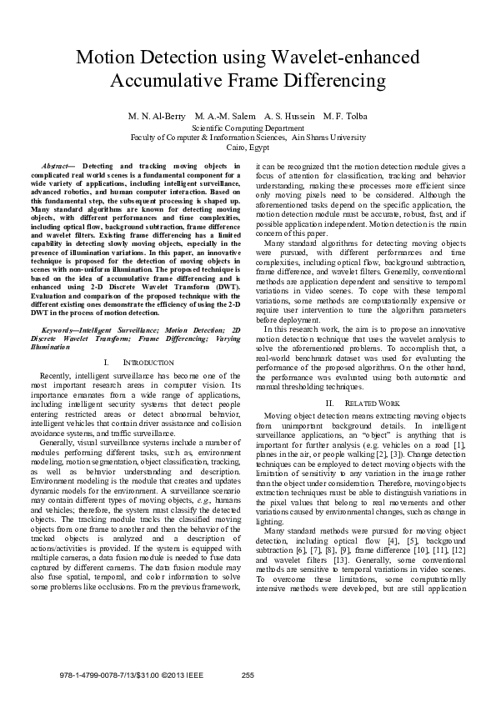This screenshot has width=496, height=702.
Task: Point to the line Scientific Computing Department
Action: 248,128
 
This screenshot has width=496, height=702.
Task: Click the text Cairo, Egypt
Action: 248,147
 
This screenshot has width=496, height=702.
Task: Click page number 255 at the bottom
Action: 248,674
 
